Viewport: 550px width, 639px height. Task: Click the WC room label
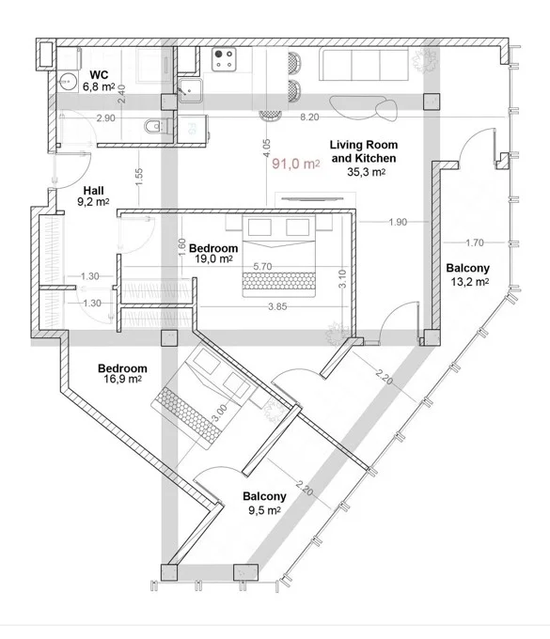99,75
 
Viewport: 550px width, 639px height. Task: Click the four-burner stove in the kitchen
225,58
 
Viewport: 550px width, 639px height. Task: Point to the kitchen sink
190,90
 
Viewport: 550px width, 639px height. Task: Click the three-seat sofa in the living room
364,65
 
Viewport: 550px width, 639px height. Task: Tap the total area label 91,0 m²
296,164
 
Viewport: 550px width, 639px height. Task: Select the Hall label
93,191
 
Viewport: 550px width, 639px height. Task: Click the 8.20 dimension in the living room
309,117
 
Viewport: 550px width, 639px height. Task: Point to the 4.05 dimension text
266,148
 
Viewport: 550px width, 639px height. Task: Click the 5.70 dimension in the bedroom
262,267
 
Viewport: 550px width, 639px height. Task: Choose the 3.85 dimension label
277,306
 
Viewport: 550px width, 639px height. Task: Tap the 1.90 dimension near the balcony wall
398,222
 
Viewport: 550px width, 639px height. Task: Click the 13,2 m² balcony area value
470,282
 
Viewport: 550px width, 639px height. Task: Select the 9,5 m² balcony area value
264,510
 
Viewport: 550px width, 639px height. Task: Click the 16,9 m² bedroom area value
123,379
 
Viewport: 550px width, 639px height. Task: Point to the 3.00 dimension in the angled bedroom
220,412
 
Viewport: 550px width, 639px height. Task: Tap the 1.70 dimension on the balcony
475,242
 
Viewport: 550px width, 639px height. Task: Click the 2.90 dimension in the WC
105,118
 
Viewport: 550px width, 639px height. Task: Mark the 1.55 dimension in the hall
139,177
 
